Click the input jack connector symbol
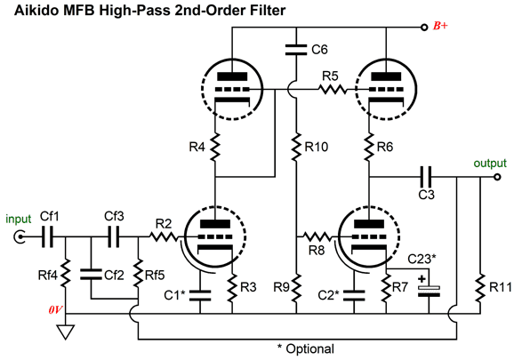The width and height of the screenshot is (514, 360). click(x=20, y=236)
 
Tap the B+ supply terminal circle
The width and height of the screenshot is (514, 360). click(x=424, y=28)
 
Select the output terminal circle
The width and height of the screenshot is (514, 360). click(x=497, y=177)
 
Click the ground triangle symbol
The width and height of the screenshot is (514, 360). click(x=66, y=332)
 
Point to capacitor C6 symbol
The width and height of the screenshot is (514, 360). click(x=296, y=50)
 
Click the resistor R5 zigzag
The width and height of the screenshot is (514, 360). click(x=332, y=89)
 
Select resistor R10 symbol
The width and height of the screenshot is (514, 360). click(x=296, y=147)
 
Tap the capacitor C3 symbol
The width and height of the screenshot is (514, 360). click(x=426, y=177)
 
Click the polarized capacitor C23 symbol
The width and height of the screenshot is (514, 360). click(x=429, y=291)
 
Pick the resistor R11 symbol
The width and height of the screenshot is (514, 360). click(x=480, y=287)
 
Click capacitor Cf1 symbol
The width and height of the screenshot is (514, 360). click(x=47, y=236)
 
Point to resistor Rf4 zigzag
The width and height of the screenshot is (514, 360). click(x=66, y=273)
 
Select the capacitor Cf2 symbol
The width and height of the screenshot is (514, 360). click(x=91, y=275)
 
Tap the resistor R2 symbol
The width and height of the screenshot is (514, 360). click(x=164, y=236)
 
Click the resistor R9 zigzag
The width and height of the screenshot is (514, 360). click(x=296, y=287)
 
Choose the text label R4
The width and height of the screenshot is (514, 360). click(x=197, y=147)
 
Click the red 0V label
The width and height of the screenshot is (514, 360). click(x=55, y=309)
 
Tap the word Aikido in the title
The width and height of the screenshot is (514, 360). click(x=36, y=10)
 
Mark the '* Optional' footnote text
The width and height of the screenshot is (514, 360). click(x=306, y=348)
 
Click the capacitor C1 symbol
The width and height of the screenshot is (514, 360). click(x=200, y=295)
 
